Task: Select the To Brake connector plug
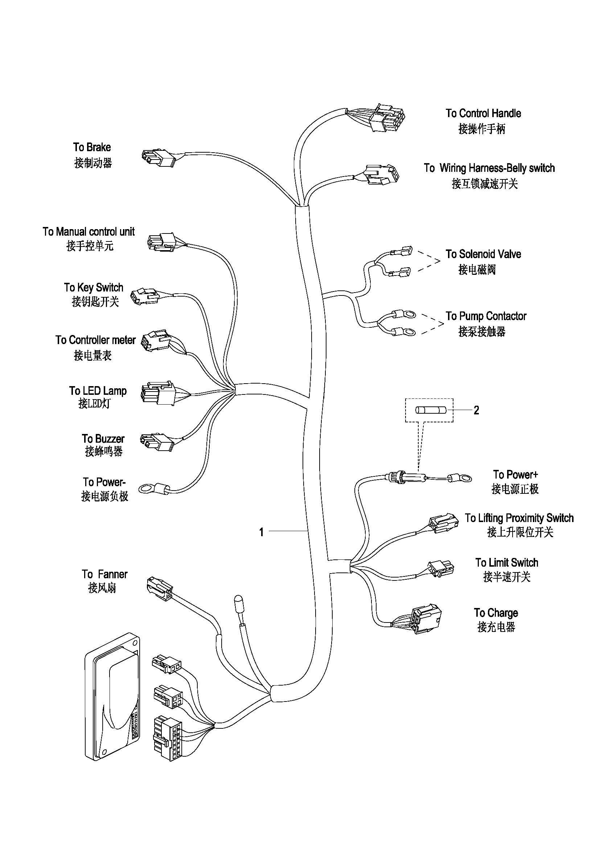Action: click(x=158, y=158)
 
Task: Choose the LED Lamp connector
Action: click(x=157, y=393)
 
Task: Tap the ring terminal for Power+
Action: click(x=462, y=479)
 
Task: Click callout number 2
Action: click(x=476, y=410)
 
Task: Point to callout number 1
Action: click(x=261, y=532)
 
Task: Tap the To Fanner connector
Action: click(x=160, y=588)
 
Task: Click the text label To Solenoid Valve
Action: click(x=483, y=254)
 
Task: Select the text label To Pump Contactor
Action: click(x=485, y=316)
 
